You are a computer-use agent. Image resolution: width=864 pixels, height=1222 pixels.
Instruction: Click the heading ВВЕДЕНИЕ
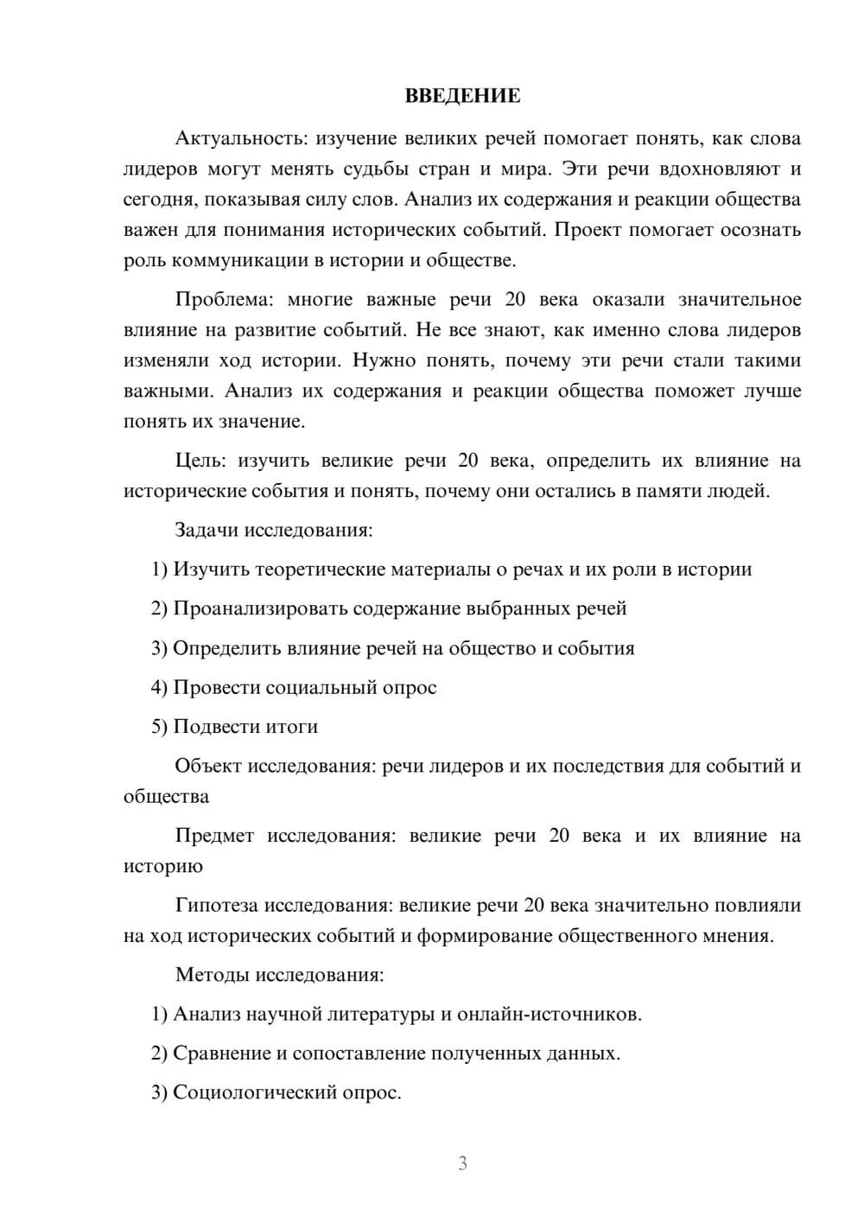click(x=462, y=96)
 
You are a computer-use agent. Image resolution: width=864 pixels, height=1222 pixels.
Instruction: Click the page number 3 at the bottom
click(x=462, y=1163)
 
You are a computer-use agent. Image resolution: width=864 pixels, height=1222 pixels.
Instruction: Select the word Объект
click(x=208, y=766)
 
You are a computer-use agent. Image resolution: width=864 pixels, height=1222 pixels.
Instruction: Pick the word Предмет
click(x=214, y=836)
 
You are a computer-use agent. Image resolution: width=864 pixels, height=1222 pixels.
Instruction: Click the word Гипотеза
click(x=216, y=906)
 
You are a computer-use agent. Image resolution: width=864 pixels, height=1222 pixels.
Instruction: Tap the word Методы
click(x=208, y=975)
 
